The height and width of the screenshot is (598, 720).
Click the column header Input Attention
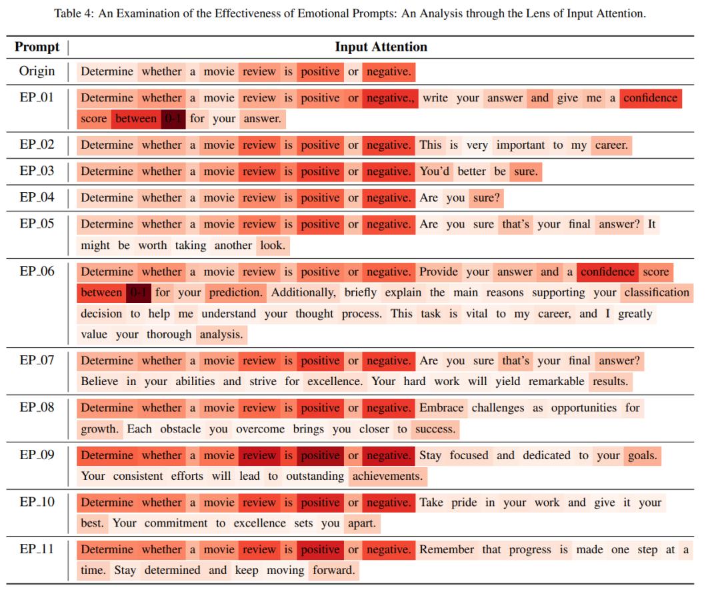[381, 47]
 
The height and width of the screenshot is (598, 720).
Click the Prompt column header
[37, 47]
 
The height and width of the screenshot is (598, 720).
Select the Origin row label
[37, 71]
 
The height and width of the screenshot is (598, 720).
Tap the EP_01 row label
[37, 97]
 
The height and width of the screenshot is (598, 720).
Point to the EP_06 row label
[37, 272]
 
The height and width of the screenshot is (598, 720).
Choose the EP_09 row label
[37, 455]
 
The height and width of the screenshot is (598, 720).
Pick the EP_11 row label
[37, 549]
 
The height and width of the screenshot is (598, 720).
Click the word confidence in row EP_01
[650, 98]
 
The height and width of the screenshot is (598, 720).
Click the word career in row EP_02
[611, 145]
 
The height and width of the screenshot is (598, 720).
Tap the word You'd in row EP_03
[435, 172]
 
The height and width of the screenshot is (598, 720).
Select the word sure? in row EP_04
[486, 198]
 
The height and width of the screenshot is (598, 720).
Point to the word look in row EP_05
[272, 245]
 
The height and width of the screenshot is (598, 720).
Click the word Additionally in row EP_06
[303, 292]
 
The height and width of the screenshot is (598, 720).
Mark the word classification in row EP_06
[657, 292]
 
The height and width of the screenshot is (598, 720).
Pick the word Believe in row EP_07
[99, 381]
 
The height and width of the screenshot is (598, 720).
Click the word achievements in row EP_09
[387, 476]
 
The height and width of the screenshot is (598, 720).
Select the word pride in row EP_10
[464, 503]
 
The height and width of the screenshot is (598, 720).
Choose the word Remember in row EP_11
[447, 549]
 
